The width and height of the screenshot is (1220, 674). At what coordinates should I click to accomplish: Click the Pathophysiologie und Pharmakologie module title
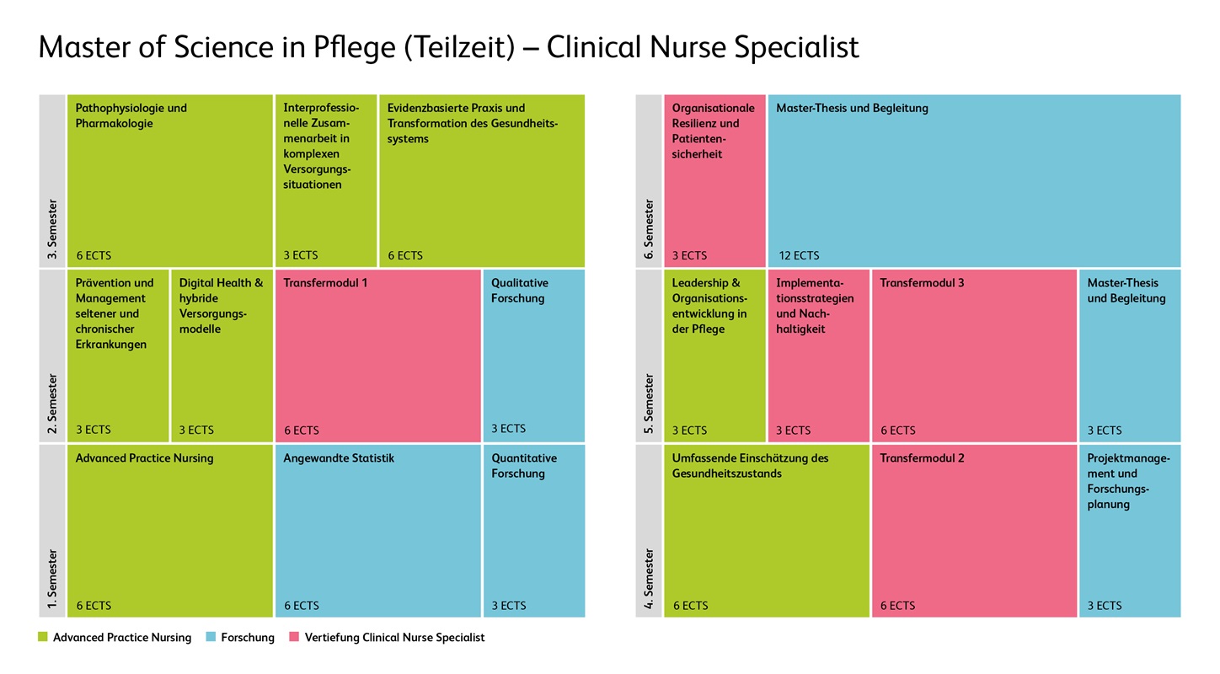(131, 115)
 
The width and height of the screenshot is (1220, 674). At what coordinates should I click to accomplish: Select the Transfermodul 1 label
(325, 283)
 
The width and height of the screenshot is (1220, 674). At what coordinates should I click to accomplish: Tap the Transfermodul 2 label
(922, 458)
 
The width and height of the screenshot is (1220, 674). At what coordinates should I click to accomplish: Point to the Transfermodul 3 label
(922, 283)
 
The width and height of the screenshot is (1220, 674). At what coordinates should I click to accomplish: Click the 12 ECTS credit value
(798, 255)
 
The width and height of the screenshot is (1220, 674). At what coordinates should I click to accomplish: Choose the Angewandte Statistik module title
(339, 458)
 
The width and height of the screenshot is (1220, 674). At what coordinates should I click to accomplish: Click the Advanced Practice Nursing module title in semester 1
(144, 458)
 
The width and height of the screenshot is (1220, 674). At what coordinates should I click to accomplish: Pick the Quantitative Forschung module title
(524, 466)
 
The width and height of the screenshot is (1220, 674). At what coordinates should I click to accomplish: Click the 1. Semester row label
(52, 579)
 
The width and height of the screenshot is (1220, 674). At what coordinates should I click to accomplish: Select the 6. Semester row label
(649, 229)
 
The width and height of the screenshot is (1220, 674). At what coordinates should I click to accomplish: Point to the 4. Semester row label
(649, 579)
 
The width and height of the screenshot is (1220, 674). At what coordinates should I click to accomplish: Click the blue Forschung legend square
(211, 637)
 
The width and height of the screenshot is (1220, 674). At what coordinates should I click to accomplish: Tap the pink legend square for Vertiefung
(294, 637)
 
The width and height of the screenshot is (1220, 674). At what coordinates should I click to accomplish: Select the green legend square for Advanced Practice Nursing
(43, 637)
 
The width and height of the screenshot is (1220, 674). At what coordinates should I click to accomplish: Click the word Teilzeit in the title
(458, 47)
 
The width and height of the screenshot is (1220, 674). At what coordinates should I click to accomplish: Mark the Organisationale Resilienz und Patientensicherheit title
(713, 131)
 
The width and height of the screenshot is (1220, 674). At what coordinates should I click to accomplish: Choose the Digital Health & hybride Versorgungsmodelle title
(221, 306)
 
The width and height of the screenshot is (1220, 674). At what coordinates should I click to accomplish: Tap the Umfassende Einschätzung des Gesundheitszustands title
(750, 466)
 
